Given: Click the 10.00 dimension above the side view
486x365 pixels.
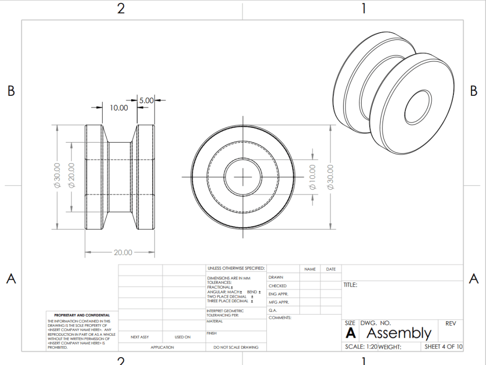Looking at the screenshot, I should point(119,108).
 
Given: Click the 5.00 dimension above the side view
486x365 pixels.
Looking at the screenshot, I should point(146,100).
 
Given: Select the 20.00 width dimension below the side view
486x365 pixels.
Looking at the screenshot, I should point(123,252).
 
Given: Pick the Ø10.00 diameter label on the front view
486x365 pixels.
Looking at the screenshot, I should point(312,177).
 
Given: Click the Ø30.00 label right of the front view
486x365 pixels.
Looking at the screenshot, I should point(331,177).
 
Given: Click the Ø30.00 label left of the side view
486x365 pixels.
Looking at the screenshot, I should point(57,176).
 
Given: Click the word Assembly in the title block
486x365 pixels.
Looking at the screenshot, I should point(399,333).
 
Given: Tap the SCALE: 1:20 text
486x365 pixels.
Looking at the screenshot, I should point(361,347).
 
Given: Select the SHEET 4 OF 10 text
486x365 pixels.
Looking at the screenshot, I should point(443,347).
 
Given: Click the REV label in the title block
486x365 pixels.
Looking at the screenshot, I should point(450,323).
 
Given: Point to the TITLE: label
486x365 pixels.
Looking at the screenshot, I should point(350,285).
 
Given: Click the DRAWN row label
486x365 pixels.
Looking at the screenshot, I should point(276,277).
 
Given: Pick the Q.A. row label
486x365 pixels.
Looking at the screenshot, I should point(273,310).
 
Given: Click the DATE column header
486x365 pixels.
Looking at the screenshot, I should point(330,269).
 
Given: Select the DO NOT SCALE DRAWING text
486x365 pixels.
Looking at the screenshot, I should point(236,347).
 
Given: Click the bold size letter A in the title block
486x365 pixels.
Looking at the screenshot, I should point(350,333).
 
